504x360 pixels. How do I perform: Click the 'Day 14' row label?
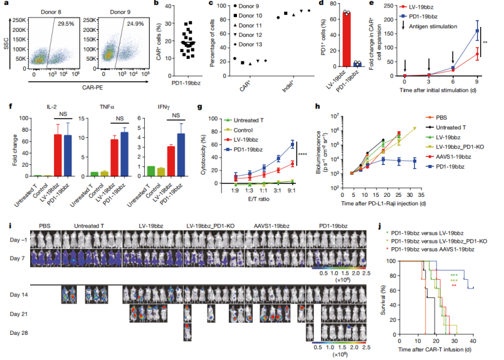pyautogui.click(x=19, y=294)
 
